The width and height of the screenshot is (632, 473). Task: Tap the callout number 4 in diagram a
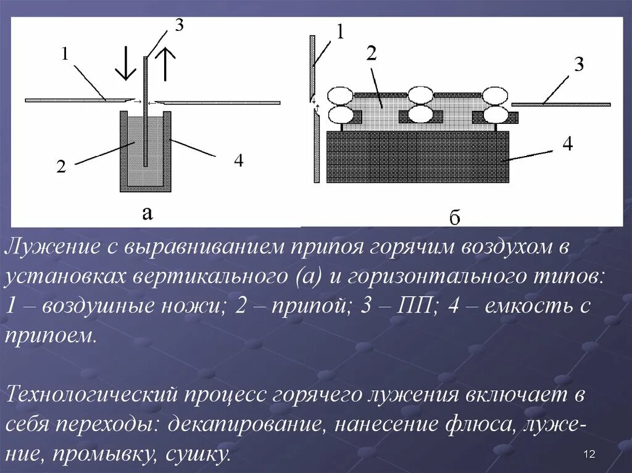[x=238, y=161]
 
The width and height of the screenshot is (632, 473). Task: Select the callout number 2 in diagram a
[x=61, y=167]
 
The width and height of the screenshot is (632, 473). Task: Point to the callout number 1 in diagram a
[x=64, y=55]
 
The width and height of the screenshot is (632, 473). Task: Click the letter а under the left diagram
[x=147, y=213]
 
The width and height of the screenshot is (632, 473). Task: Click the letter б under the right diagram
[x=455, y=218]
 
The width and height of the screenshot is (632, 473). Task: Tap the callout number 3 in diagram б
[x=578, y=65]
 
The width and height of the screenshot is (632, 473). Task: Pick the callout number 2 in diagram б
[x=371, y=54]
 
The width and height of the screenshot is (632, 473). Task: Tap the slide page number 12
[x=588, y=454]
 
